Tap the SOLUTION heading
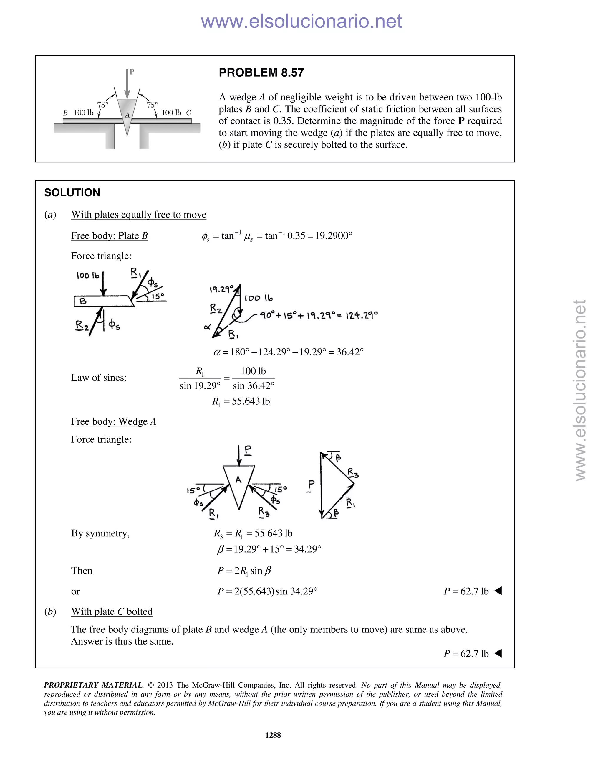point(72,192)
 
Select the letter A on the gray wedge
point(127,115)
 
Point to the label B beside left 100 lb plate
point(65,113)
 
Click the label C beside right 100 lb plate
point(189,113)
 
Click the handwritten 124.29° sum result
point(362,315)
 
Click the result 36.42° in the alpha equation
point(350,352)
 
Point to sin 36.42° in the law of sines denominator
point(254,386)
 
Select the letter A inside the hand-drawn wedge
point(238,480)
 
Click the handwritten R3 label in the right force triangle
point(353,474)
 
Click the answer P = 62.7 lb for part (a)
point(466,591)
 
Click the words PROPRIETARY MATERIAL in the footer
point(94,685)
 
